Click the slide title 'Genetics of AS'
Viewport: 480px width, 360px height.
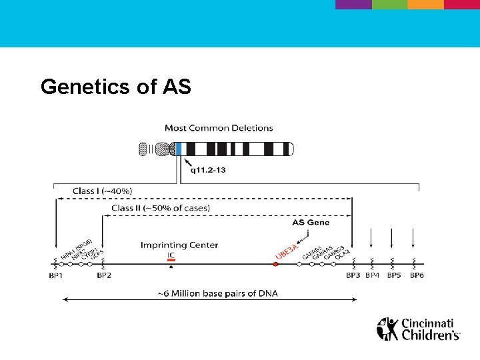(115, 87)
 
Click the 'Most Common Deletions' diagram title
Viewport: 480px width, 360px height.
(219, 128)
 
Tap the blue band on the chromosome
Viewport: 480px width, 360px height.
(178, 149)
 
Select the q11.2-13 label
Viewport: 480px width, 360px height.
(208, 170)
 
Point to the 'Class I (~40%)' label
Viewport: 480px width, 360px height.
(102, 191)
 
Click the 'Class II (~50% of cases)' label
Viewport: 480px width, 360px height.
(161, 208)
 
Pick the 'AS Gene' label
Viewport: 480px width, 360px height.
(311, 223)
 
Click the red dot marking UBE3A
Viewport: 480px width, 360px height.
(275, 264)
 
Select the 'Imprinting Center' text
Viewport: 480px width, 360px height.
(179, 245)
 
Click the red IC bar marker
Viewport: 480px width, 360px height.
(171, 259)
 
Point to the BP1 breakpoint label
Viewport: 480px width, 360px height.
(57, 275)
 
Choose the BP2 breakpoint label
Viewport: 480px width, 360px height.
(104, 275)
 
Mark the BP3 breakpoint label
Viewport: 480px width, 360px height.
(353, 275)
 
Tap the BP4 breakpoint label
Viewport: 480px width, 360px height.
(373, 275)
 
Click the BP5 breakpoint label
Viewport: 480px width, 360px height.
(394, 275)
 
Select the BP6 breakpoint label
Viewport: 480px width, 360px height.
(416, 275)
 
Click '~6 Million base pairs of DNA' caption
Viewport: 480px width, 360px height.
(217, 293)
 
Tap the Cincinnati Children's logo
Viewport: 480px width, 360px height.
(418, 329)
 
